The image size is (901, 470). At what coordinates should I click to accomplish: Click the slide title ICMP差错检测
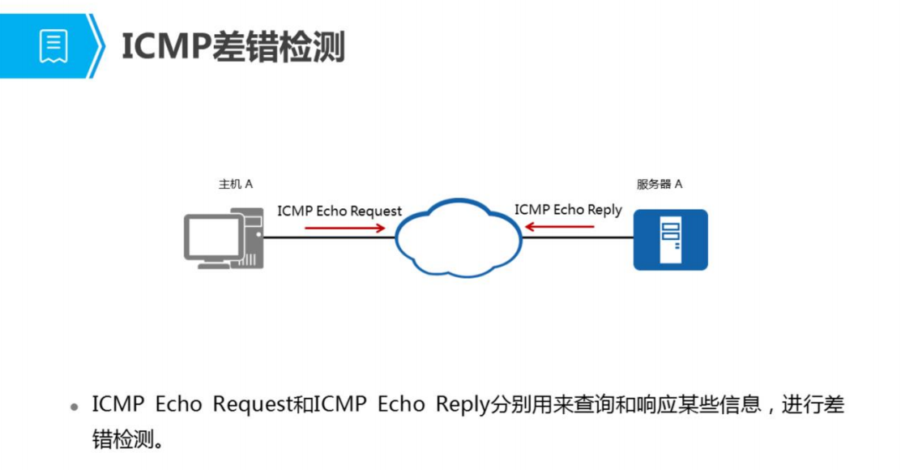233,47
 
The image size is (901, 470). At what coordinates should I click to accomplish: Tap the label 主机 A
235,185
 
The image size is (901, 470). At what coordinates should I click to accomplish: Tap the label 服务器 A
659,185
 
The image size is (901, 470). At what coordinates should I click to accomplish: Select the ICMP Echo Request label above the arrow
339,211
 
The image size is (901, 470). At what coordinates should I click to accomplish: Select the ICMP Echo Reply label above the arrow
568,210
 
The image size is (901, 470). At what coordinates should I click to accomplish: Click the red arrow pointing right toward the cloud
344,229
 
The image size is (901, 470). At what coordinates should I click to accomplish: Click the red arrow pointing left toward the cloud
560,228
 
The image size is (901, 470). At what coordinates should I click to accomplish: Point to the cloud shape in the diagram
458,236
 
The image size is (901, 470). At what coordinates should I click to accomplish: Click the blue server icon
670,239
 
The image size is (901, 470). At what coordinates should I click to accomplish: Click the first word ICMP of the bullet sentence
117,404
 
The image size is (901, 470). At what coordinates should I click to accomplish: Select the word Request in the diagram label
375,211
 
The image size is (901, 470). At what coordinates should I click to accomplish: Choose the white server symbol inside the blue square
670,238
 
